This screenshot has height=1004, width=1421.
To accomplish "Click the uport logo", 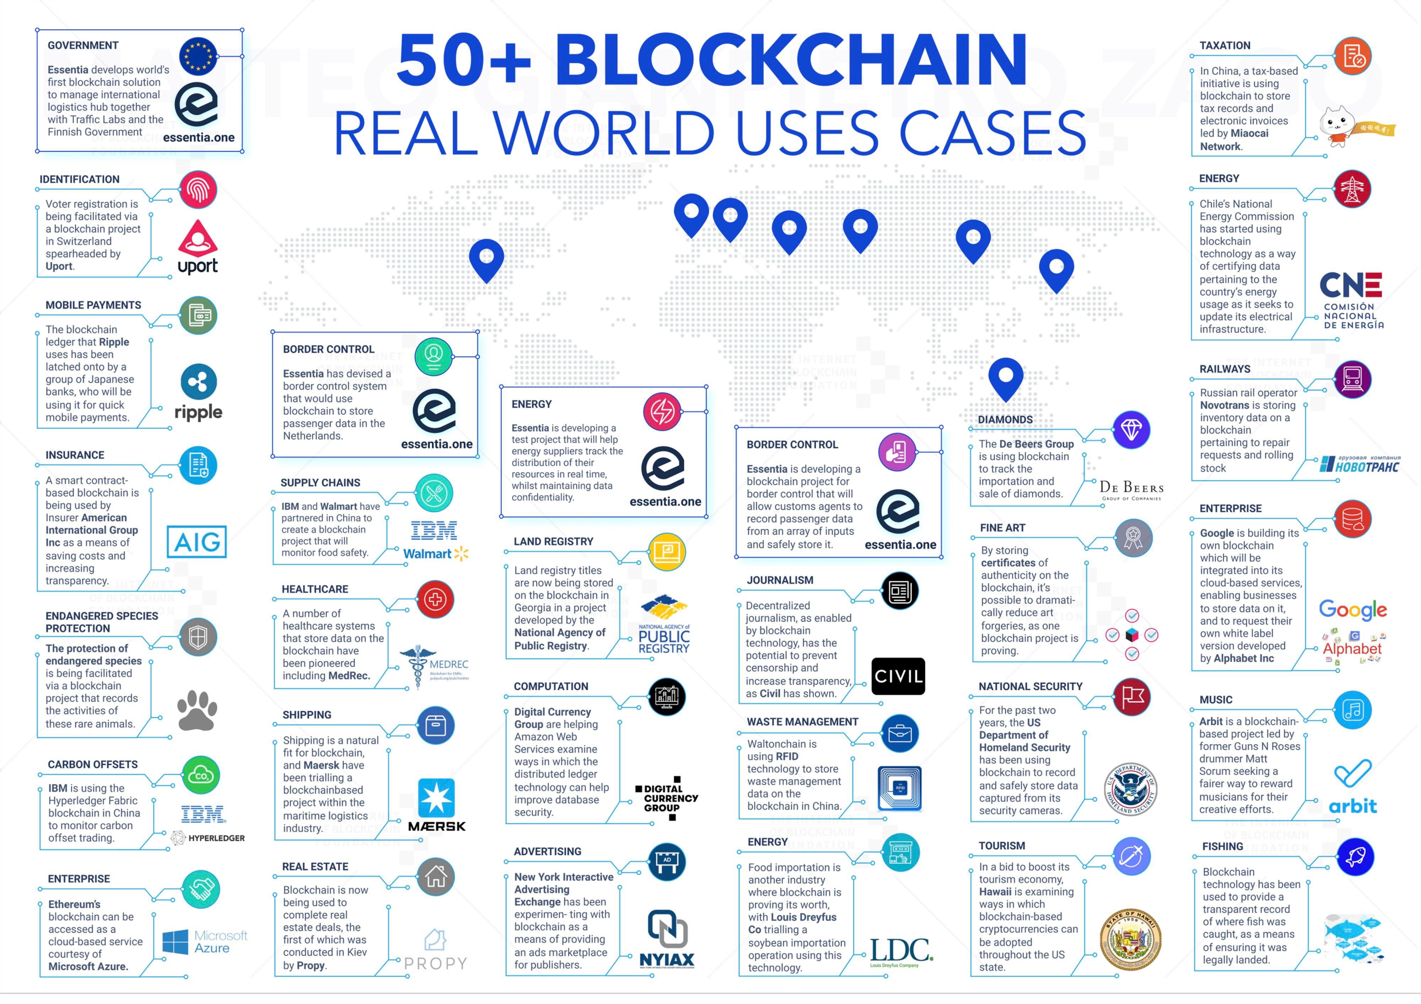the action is coord(198,247).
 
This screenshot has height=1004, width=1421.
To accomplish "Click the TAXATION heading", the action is coord(1225,46).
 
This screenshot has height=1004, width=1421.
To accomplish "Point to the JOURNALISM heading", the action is coord(780,580).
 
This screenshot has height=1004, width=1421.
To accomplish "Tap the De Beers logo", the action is coord(1131,490).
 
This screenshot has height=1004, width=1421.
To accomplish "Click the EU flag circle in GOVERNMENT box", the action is coord(198,56).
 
